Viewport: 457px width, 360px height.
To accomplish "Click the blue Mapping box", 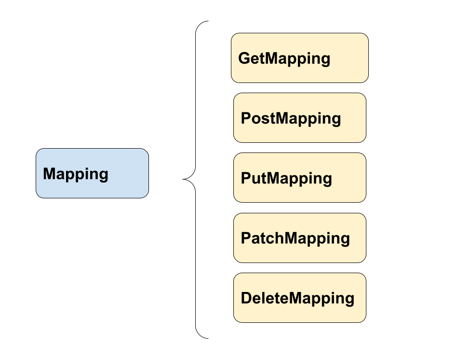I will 92,173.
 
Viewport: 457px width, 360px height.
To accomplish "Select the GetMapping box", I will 299,58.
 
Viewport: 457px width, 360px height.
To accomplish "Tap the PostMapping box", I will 299,118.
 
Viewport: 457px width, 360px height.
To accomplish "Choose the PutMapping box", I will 299,178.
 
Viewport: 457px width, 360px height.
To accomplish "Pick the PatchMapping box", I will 299,238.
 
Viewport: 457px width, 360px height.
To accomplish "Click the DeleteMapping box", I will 299,298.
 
